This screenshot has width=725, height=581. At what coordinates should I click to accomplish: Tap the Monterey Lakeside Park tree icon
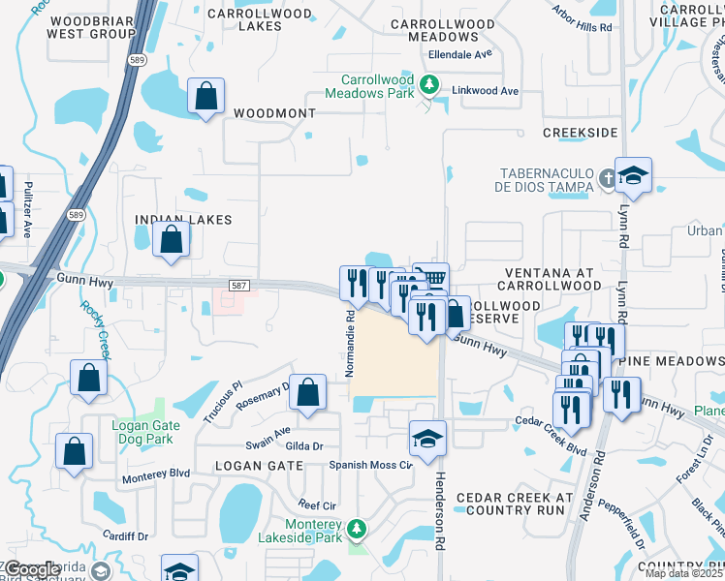(x=357, y=529)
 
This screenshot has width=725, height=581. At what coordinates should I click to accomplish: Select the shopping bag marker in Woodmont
(x=206, y=97)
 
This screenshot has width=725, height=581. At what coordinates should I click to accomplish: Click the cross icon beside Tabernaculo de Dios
(x=607, y=178)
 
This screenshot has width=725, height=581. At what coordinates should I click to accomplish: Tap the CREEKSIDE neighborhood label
(x=580, y=132)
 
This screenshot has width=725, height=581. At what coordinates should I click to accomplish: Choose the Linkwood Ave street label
(x=486, y=91)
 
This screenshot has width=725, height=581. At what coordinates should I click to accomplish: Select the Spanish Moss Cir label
(x=371, y=465)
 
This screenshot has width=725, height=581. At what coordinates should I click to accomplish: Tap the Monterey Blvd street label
(x=155, y=474)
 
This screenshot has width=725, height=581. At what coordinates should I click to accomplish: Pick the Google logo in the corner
(x=31, y=569)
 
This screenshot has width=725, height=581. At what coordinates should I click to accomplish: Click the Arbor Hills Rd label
(x=583, y=27)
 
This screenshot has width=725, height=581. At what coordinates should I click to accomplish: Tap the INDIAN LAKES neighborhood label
(x=183, y=220)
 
